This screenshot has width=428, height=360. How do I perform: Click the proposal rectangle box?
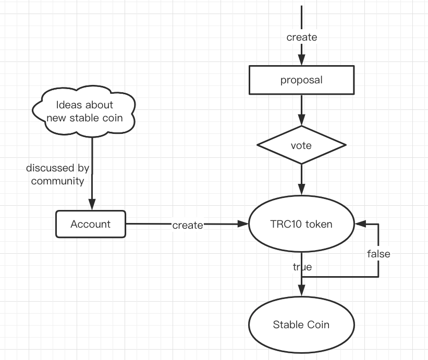click(301, 80)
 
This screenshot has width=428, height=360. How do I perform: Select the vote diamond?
click(301, 145)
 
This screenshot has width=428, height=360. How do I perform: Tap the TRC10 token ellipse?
click(301, 225)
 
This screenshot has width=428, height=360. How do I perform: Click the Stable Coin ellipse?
click(301, 325)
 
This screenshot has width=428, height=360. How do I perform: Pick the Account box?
click(91, 224)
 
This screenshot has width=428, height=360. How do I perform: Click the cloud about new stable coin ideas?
click(84, 111)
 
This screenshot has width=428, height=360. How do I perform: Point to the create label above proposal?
click(301, 37)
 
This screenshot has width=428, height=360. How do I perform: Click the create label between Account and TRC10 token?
click(187, 225)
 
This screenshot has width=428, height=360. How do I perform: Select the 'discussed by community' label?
click(57, 175)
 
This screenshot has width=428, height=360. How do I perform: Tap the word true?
click(302, 267)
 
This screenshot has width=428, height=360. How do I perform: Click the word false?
click(378, 254)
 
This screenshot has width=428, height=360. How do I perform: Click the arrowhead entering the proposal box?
click(301, 61)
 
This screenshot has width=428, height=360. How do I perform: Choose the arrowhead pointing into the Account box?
click(92, 206)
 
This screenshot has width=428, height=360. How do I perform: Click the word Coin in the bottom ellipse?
click(317, 325)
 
